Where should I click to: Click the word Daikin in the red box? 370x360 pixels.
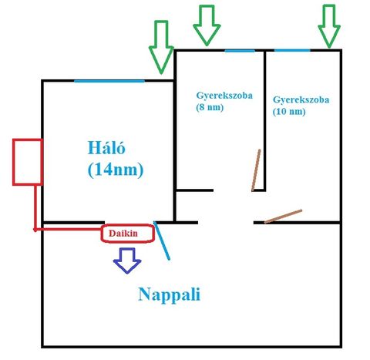point(123,234)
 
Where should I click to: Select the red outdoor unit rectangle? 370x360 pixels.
point(28,162)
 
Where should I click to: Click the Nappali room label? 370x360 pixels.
point(169,295)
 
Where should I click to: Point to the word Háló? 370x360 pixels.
point(106,147)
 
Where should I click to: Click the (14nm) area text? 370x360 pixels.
point(116,170)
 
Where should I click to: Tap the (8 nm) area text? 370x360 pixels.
point(210,107)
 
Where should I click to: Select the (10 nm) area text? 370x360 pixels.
point(289,112)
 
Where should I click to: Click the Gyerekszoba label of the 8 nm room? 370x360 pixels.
point(224,96)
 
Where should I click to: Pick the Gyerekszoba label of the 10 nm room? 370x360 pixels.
point(301,100)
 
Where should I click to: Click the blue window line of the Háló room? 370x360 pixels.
point(109,81)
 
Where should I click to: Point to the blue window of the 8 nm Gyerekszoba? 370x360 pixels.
point(240,51)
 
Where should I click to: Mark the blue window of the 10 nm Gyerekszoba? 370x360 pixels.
point(292,50)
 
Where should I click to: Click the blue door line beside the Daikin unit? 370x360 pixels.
point(162,241)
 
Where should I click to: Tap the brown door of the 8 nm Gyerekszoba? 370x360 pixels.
point(256,170)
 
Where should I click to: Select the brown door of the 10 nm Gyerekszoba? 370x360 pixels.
point(283,217)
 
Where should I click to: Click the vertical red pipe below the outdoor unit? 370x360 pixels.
point(35,207)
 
